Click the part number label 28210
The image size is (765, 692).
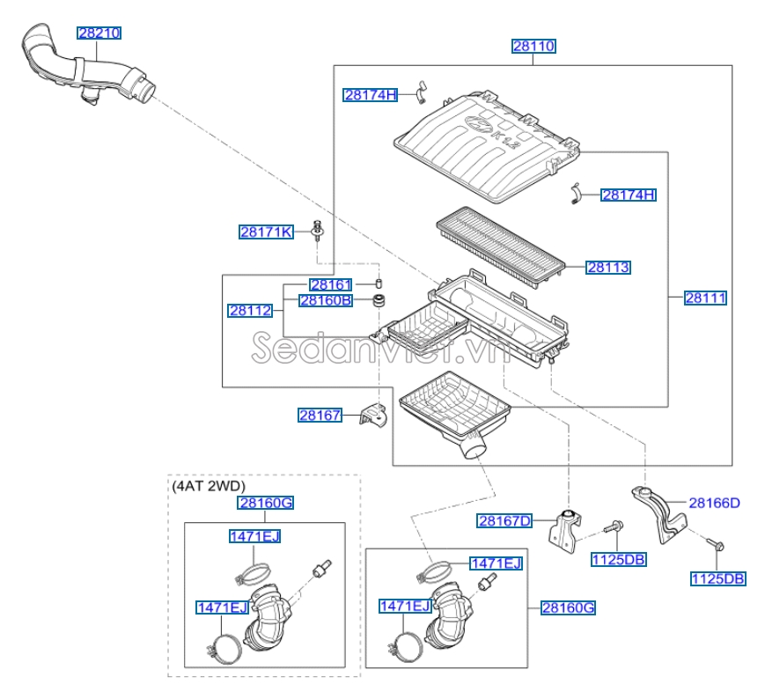point(99,33)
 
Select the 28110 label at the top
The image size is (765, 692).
point(533,46)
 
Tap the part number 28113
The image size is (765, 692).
point(608,267)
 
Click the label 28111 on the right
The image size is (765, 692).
point(706,298)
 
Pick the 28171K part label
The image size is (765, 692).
point(266,232)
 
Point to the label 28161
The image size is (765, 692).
point(330,285)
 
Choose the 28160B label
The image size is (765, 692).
point(325,300)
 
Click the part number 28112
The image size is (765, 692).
point(249,310)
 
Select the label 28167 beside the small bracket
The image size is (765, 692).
point(319,416)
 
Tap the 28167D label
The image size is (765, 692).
point(504,520)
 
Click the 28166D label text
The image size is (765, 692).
point(714,504)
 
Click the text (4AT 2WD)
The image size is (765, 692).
point(209,485)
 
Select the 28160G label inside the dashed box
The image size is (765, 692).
point(264,503)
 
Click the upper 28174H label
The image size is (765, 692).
point(371,95)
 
